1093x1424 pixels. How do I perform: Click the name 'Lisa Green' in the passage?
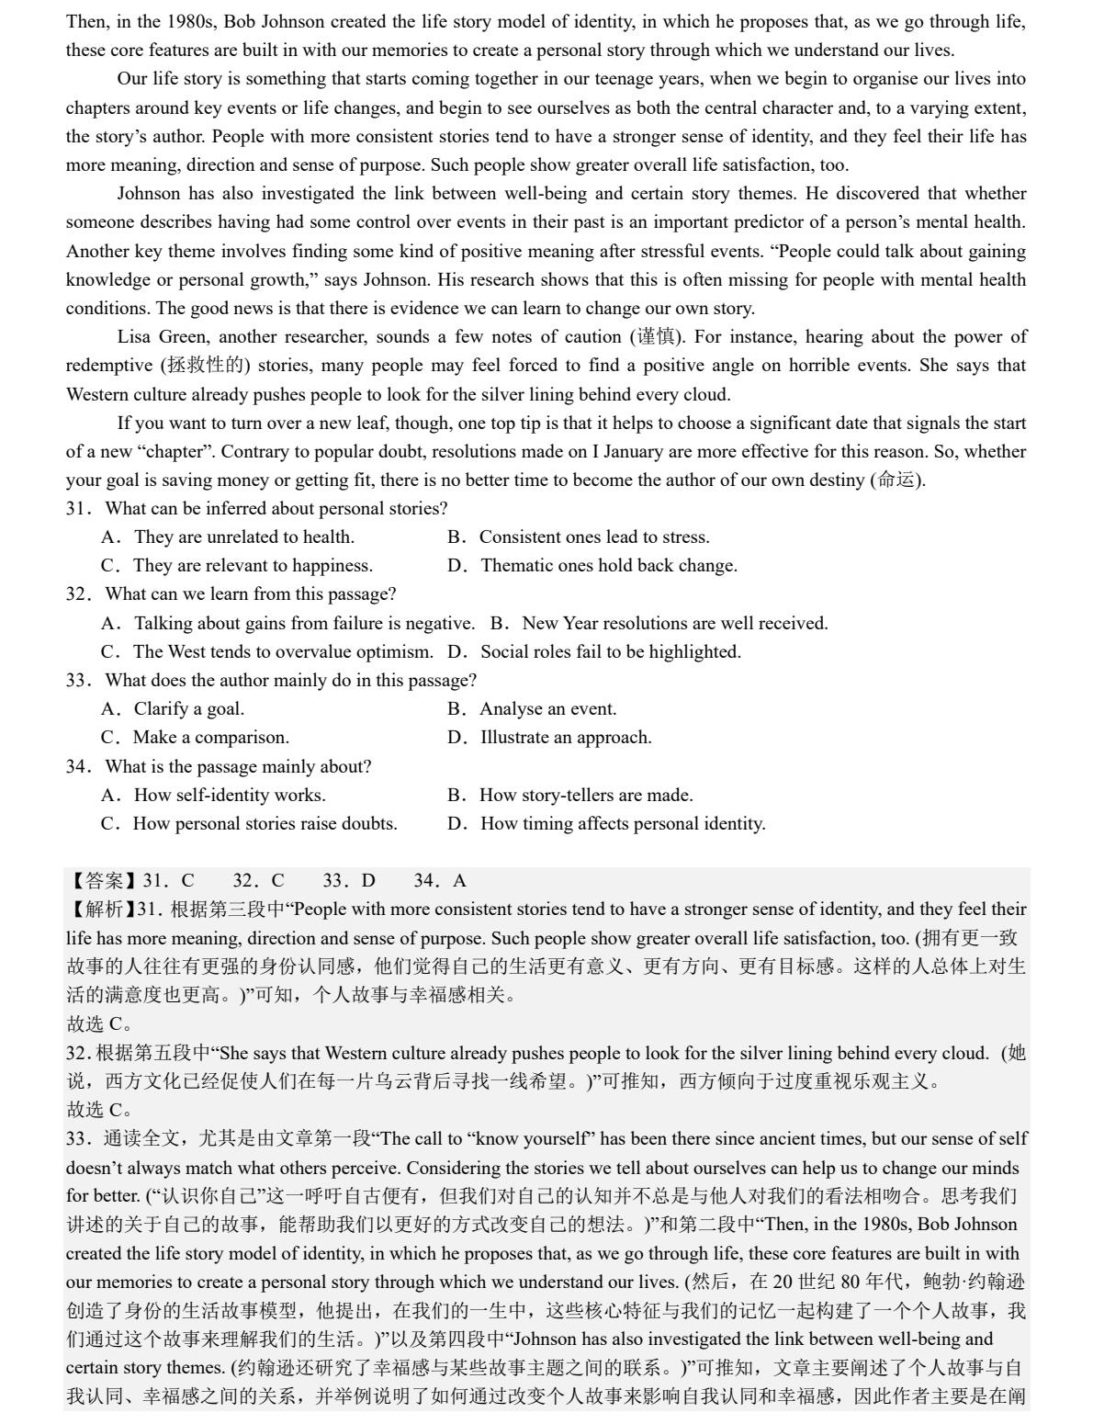click(x=162, y=337)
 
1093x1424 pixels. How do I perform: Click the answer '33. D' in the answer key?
click(x=349, y=881)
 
